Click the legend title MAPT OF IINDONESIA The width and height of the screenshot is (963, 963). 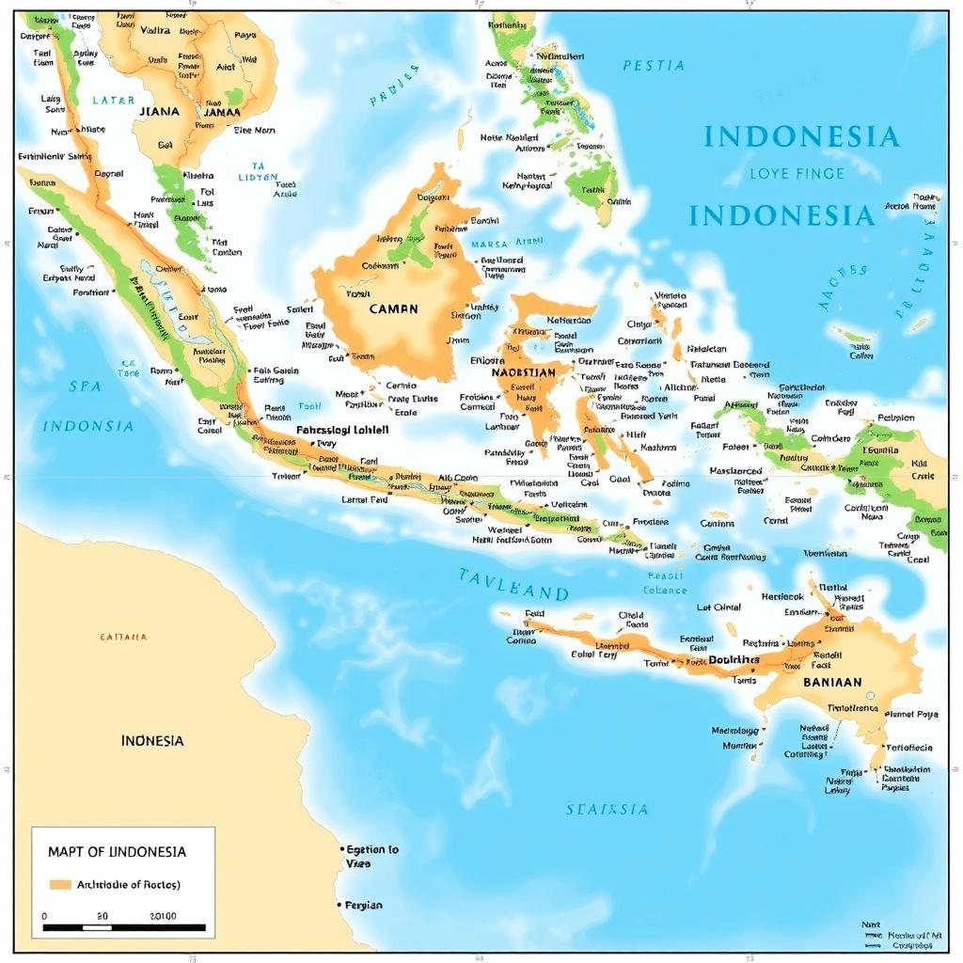click(117, 852)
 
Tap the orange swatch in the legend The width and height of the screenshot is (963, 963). click(60, 884)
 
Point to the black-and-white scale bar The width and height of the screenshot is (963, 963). click(124, 927)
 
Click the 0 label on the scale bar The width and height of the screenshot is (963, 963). click(45, 915)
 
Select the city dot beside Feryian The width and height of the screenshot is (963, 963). click(339, 905)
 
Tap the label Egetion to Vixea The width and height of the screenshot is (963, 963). click(371, 856)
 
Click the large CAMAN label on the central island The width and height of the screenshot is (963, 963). click(393, 308)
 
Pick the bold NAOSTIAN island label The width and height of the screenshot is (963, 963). click(524, 372)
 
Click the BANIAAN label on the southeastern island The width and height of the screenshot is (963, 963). click(832, 682)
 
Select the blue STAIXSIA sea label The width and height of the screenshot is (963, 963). click(607, 809)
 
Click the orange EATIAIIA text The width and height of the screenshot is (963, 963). click(123, 637)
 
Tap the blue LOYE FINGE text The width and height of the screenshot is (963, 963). click(797, 173)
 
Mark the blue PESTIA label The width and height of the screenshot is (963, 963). click(653, 66)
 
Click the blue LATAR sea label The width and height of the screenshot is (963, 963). click(114, 100)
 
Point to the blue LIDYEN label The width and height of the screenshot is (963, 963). click(258, 177)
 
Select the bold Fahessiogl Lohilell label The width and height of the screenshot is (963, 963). click(342, 429)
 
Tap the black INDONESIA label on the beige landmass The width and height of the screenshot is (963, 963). click(151, 740)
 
